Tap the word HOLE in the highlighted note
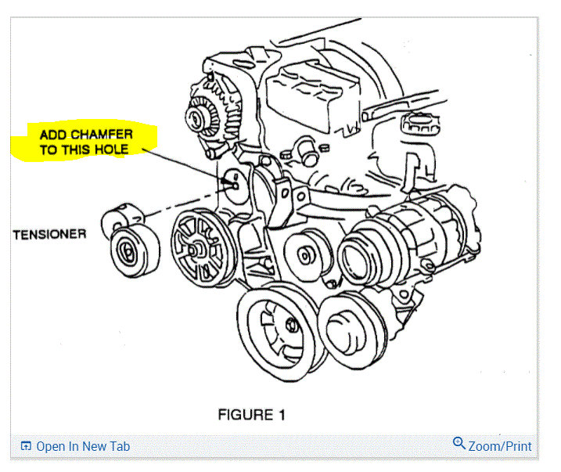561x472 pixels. [x=111, y=150]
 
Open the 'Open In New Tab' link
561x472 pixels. [x=83, y=446]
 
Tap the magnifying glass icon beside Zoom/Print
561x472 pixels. [x=459, y=444]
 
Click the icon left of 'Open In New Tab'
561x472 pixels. [x=26, y=446]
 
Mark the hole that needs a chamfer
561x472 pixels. [x=234, y=186]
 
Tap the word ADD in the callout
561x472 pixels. [x=56, y=135]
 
